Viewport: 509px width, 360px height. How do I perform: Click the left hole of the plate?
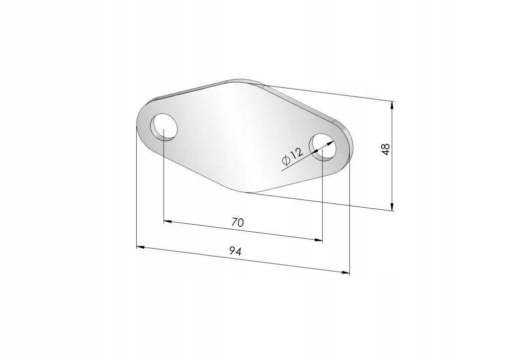(x=164, y=127)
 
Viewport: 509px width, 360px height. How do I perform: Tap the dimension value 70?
(x=238, y=222)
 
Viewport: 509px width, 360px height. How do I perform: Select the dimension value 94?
(x=235, y=251)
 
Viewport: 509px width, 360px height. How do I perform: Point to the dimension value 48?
(x=386, y=149)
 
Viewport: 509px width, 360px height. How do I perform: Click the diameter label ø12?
(x=293, y=155)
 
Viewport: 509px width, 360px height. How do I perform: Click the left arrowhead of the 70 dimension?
(x=168, y=221)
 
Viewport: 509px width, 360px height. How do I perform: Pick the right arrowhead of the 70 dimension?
(x=319, y=240)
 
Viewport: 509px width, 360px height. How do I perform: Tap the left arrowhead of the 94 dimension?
(x=140, y=247)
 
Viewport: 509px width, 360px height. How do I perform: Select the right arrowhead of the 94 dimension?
(x=346, y=272)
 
